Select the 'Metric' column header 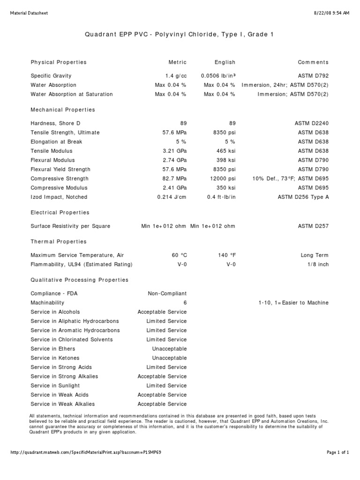(x=178, y=62)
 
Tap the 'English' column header (x=225, y=62)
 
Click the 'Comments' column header (x=313, y=62)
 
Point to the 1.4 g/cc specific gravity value (x=176, y=76)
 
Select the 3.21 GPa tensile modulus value (x=174, y=151)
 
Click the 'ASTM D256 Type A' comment (x=303, y=197)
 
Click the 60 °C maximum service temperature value (x=179, y=255)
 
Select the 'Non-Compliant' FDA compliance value (x=167, y=293)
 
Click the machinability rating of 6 (x=185, y=303)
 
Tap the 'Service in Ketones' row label (x=55, y=358)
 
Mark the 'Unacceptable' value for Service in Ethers (x=169, y=349)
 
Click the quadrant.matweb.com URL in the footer (x=86, y=452)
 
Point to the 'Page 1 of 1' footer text (x=337, y=452)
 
